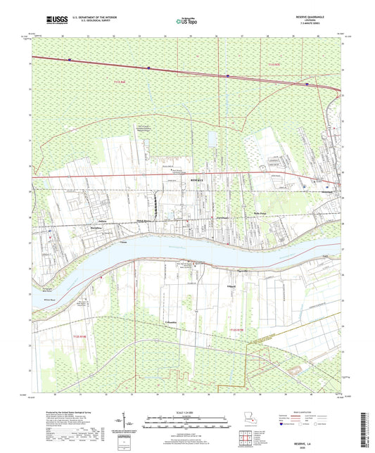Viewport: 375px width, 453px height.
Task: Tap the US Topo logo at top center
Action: pos(186,22)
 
